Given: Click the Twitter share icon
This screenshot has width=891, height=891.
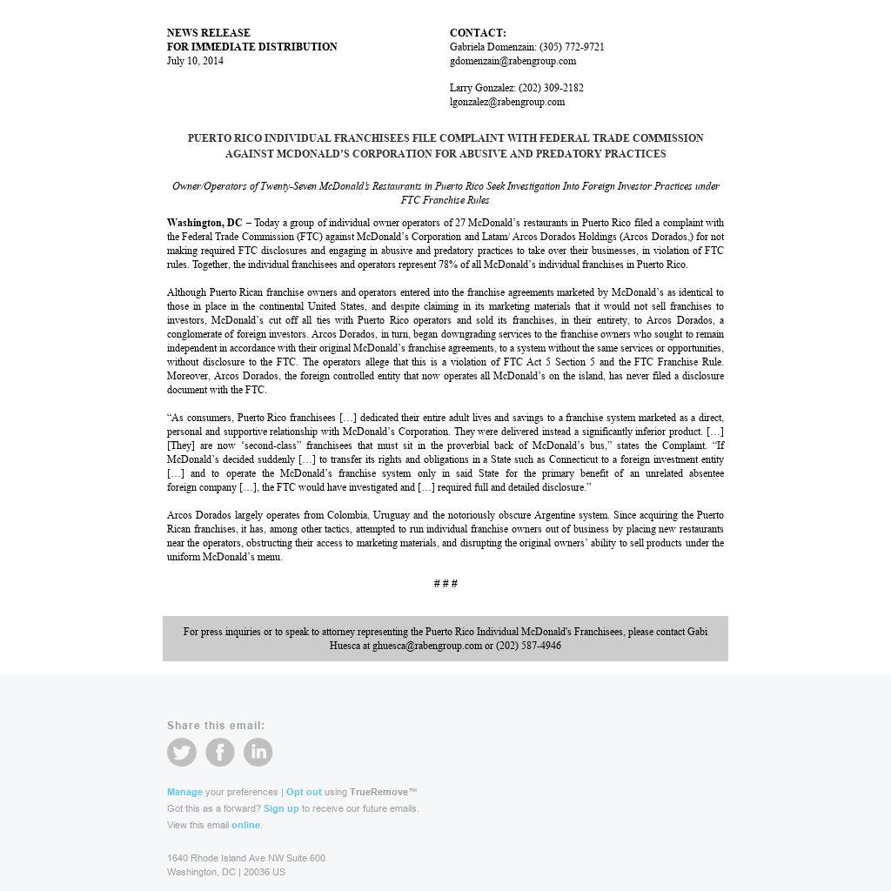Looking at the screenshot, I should click(x=182, y=752).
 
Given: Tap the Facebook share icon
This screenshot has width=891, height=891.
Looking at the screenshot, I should click(x=220, y=752).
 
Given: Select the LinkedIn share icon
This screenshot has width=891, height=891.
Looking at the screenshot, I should click(x=258, y=752).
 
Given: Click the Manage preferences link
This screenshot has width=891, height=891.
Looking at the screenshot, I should click(x=184, y=792).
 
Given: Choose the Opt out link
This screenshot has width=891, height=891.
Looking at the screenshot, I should click(x=304, y=792).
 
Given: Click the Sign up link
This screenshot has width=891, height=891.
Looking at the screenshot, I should click(x=281, y=808).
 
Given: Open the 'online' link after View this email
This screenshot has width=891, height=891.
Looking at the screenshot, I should click(x=245, y=825).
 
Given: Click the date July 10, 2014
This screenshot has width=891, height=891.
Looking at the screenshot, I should click(x=195, y=61).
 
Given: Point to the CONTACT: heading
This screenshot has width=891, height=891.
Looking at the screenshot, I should click(x=478, y=33).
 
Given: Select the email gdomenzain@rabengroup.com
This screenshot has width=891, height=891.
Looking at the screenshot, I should click(x=512, y=61).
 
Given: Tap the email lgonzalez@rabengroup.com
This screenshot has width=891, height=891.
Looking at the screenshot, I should click(x=507, y=102).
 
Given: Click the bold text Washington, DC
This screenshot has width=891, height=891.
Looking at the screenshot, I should click(x=204, y=223).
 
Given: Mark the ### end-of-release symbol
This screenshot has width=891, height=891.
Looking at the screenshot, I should click(x=445, y=583).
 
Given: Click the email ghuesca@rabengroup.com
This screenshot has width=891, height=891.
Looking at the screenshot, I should click(x=427, y=646).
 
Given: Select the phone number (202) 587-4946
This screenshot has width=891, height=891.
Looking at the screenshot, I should click(x=528, y=646).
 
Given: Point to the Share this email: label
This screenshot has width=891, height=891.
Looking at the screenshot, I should click(x=216, y=726).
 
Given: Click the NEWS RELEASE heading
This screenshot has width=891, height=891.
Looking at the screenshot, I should click(x=208, y=33).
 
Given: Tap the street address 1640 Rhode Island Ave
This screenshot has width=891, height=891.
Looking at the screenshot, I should click(x=246, y=858).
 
